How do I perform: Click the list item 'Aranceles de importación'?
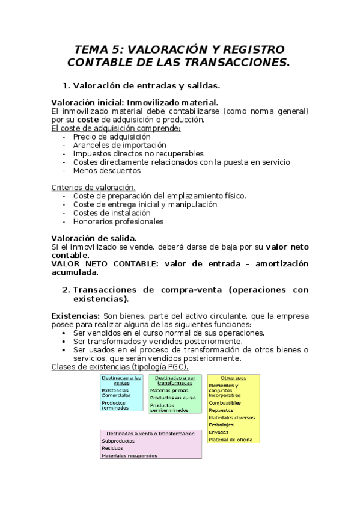[119, 145]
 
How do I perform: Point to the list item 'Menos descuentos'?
[106, 170]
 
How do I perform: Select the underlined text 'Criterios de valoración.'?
[93, 187]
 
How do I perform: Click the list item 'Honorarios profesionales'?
[118, 221]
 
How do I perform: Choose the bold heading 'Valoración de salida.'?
[94, 238]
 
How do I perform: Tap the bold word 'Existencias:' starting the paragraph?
[76, 316]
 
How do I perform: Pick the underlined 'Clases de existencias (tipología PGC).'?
[120, 367]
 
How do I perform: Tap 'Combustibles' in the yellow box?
[225, 402]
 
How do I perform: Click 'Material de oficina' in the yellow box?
[231, 439]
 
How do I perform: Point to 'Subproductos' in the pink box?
[118, 441]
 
